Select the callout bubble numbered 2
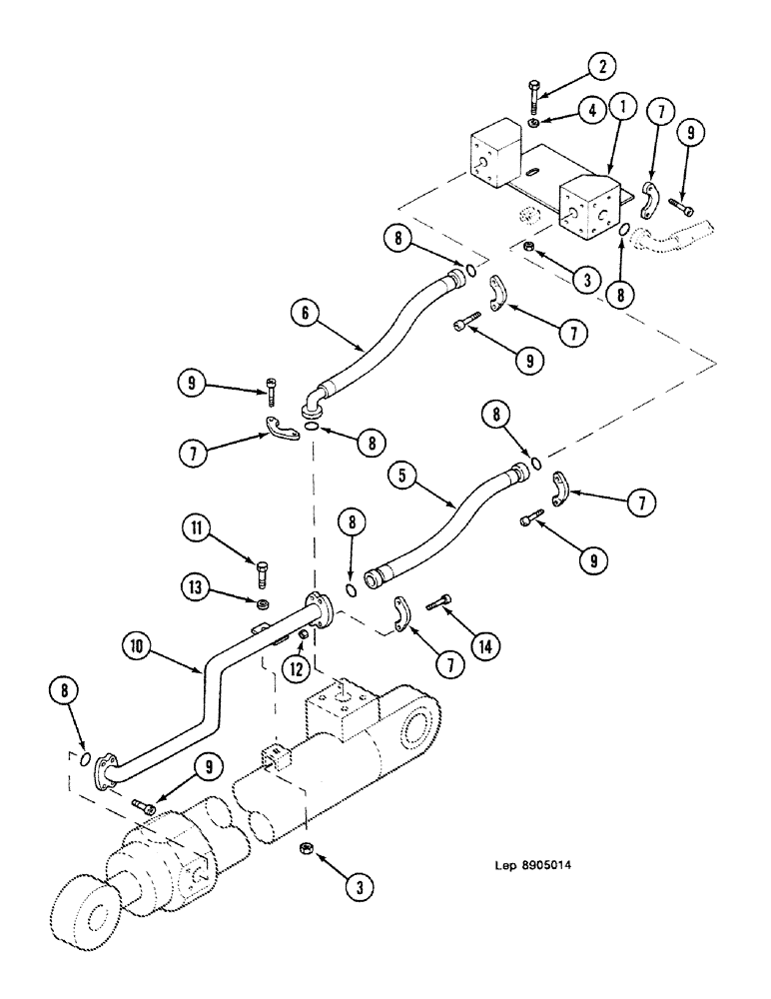click(599, 67)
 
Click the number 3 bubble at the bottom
click(363, 885)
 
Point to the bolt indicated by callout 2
click(534, 98)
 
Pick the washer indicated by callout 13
click(264, 605)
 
